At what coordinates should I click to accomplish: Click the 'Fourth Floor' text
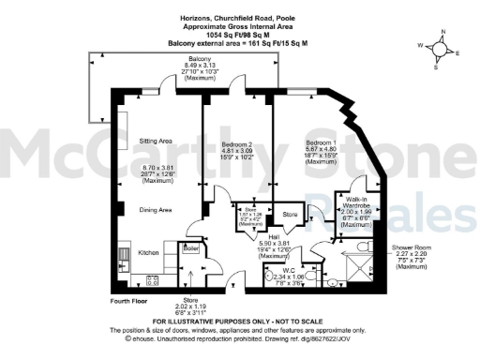tap(131, 299)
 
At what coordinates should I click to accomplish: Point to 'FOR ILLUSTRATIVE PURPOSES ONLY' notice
tap(240, 322)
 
